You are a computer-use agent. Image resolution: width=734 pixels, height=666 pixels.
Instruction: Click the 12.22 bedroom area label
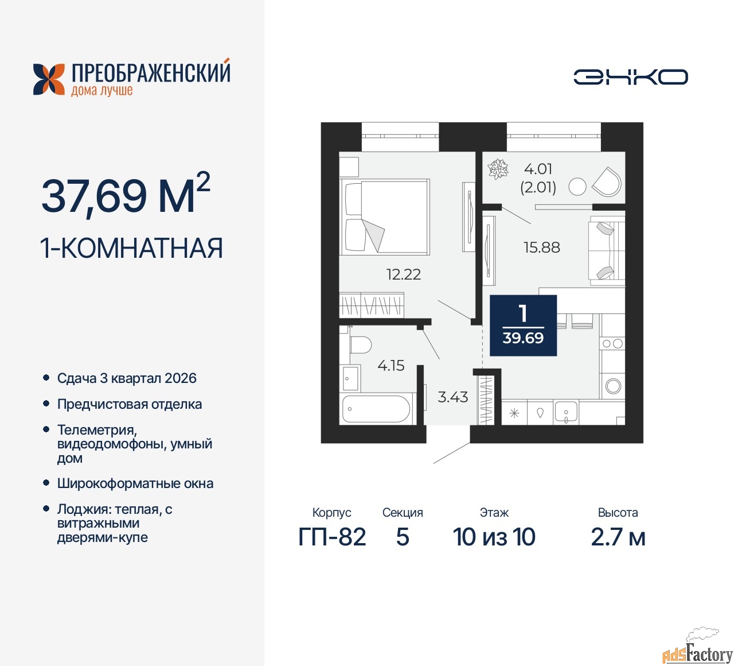(x=404, y=274)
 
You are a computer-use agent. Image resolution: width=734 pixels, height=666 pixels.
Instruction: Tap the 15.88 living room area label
(x=542, y=247)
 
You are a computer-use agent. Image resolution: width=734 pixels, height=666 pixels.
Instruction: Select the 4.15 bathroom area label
(x=391, y=366)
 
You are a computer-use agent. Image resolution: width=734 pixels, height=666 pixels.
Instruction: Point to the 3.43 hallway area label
(x=453, y=397)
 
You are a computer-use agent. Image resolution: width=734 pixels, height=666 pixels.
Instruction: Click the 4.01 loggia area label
(x=538, y=169)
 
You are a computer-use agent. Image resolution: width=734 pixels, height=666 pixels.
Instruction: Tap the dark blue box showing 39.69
(x=523, y=326)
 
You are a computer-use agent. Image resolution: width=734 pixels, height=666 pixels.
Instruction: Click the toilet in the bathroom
(x=360, y=345)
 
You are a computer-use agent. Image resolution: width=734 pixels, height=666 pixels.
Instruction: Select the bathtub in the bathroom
(x=376, y=409)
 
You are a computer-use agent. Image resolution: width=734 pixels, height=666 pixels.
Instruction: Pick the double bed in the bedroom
(x=385, y=216)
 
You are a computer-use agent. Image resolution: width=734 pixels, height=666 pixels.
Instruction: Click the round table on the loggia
(x=577, y=186)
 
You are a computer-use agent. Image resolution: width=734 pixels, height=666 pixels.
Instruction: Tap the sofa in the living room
(x=606, y=250)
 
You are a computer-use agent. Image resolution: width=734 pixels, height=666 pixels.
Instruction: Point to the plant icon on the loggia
(x=498, y=169)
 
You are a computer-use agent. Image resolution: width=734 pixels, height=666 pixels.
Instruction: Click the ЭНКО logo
(x=631, y=77)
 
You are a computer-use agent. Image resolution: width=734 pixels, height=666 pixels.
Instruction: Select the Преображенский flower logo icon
(x=49, y=79)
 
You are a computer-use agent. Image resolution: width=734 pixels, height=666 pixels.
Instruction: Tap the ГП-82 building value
(x=332, y=537)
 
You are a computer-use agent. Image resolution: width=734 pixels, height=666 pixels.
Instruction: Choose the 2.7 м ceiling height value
(x=618, y=537)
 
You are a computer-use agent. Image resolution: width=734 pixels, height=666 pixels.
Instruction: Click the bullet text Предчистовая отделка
(x=130, y=404)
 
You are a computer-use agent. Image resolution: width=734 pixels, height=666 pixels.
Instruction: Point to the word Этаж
(x=494, y=513)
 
